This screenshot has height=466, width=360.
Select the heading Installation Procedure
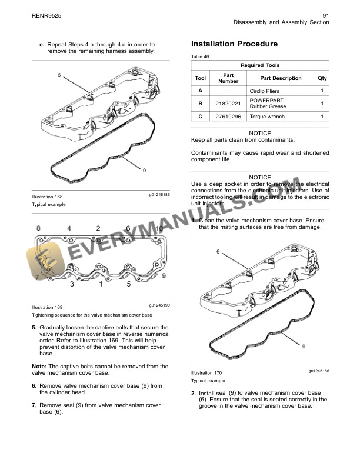point(234,44)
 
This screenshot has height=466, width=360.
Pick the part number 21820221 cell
point(228,104)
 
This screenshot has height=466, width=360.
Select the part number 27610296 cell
point(228,116)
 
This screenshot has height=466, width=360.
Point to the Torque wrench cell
point(266,116)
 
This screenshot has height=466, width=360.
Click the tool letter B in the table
point(200,104)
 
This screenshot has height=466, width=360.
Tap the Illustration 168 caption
point(47,196)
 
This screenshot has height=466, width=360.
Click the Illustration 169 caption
point(47,307)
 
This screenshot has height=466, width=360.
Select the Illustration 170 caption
point(206,373)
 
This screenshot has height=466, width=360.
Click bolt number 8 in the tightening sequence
point(39,228)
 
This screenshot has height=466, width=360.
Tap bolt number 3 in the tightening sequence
point(72,285)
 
